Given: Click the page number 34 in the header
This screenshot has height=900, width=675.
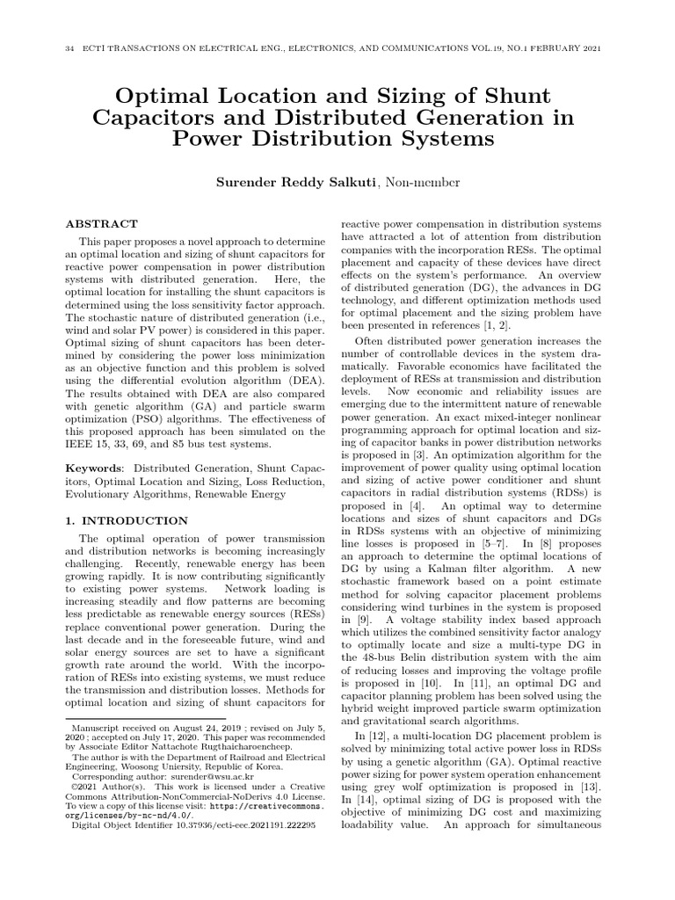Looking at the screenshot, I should (69, 48).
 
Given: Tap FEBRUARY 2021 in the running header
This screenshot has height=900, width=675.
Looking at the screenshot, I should (570, 48).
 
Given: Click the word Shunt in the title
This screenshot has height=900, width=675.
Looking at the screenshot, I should (502, 95).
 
